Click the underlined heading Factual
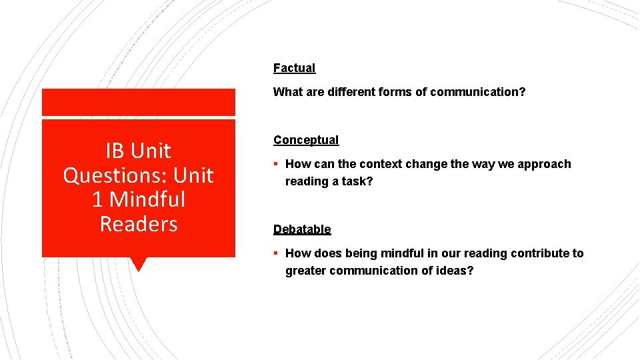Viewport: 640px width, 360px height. (294, 68)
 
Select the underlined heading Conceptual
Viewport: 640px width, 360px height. (306, 140)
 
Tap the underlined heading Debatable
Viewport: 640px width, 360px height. (302, 229)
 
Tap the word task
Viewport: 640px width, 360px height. (357, 181)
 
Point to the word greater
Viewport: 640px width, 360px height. (305, 271)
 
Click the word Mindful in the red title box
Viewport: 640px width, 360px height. (147, 199)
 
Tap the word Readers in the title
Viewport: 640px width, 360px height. (139, 224)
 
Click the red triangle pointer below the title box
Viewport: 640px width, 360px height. (139, 264)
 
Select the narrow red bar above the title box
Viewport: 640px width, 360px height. (139, 103)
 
